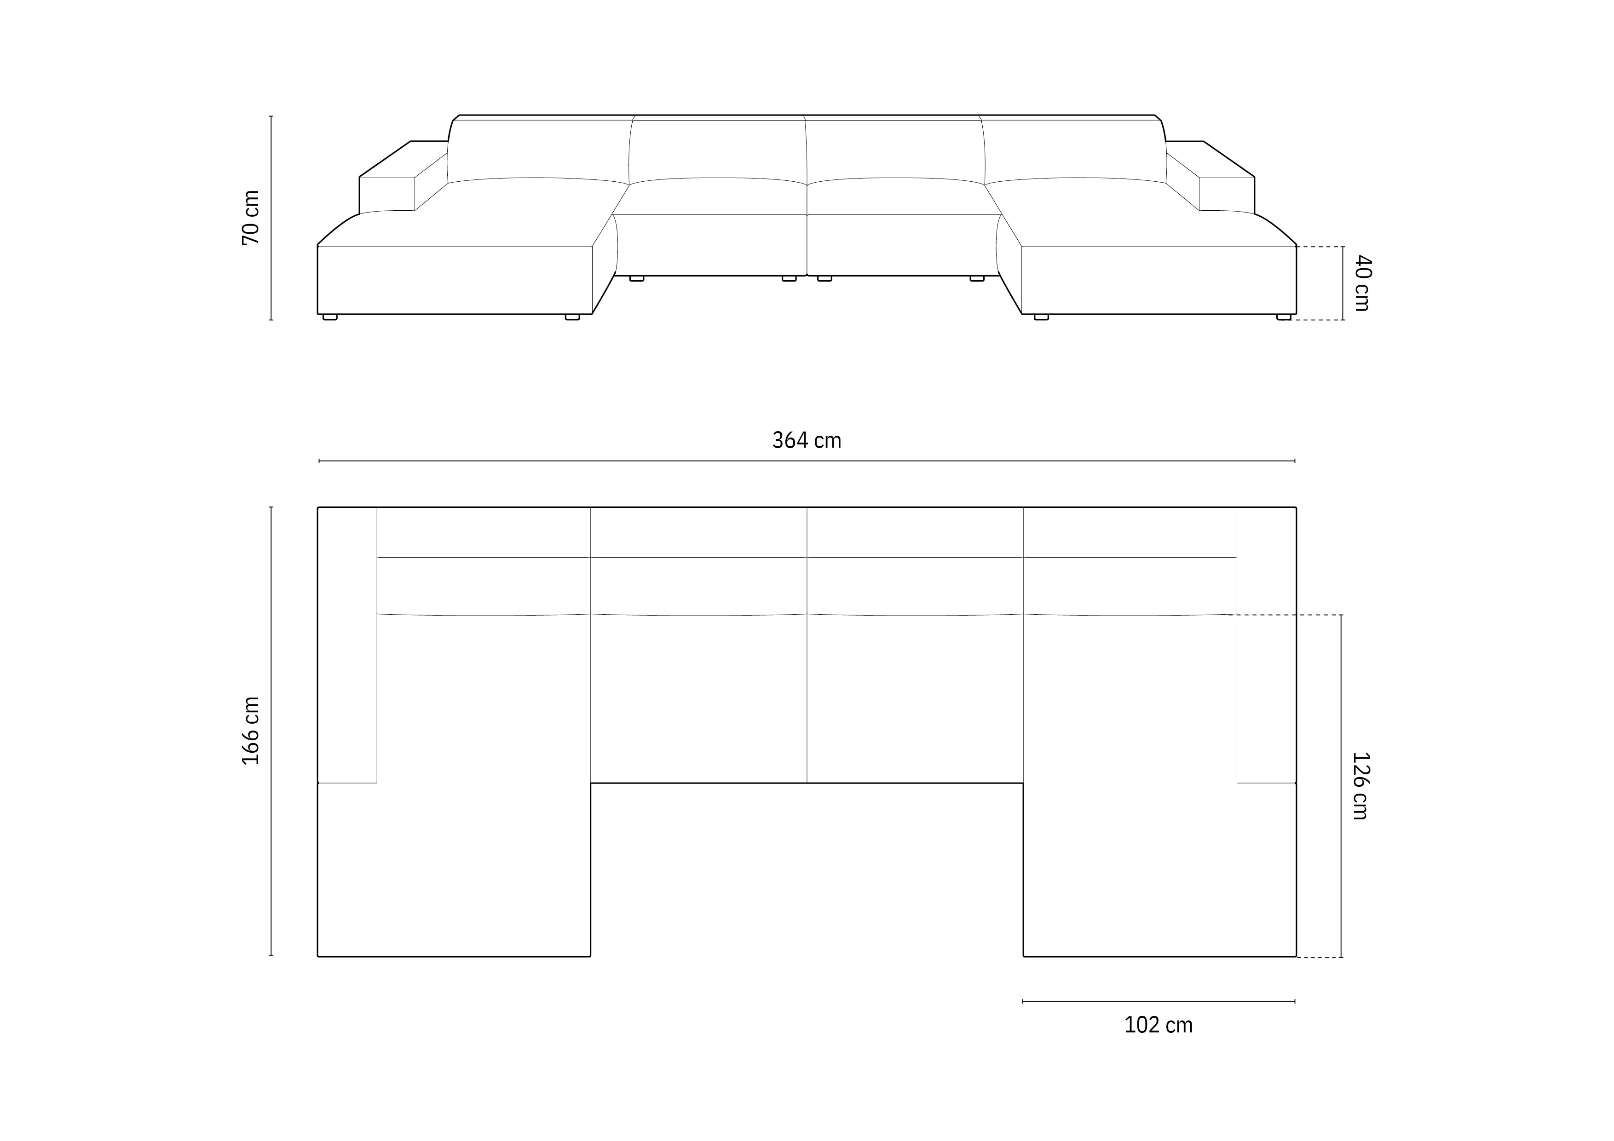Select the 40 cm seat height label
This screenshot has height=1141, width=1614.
(1361, 283)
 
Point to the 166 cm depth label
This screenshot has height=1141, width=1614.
(251, 731)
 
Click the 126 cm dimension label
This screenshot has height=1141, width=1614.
(1360, 786)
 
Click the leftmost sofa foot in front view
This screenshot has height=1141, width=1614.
(330, 317)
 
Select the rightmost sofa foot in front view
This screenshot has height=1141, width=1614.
(1284, 317)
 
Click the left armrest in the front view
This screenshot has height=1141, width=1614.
(386, 193)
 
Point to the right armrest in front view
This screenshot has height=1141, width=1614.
(1226, 193)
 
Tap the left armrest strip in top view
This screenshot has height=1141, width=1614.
(347, 643)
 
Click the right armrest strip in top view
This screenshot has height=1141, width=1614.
(1266, 643)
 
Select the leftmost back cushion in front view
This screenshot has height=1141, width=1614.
(538, 149)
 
